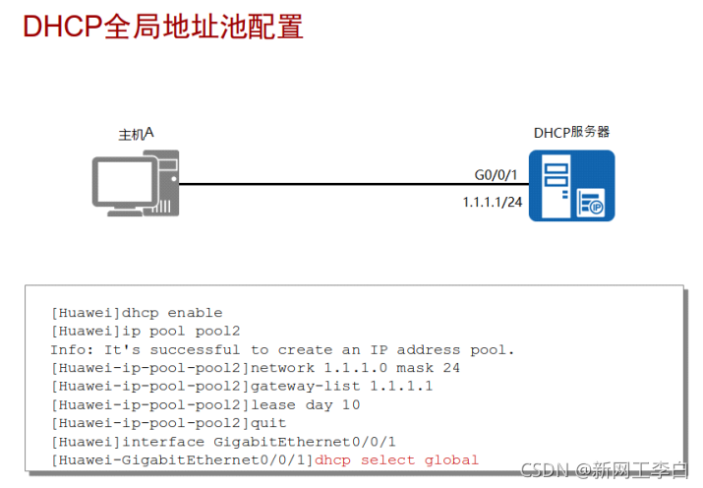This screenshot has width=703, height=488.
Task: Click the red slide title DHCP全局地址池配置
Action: click(162, 27)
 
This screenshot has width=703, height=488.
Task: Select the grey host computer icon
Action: click(136, 183)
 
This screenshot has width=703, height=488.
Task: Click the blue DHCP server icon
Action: click(571, 185)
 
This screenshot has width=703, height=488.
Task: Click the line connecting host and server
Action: click(324, 184)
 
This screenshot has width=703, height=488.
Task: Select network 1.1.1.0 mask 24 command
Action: click(356, 368)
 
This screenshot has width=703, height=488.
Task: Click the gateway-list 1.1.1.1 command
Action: click(341, 387)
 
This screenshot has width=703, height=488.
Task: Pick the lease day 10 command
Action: click(305, 404)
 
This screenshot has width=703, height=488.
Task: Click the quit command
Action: click(268, 423)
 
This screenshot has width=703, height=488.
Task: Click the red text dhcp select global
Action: click(396, 459)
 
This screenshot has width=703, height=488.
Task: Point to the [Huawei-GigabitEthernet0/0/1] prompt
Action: click(182, 459)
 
